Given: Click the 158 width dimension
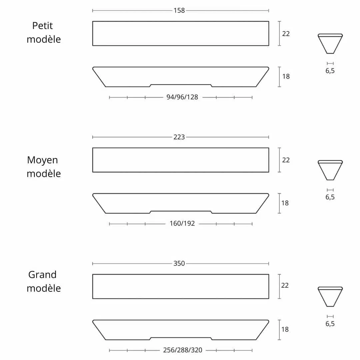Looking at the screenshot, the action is pyautogui.click(x=179, y=11).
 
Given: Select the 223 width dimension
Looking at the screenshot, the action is pyautogui.click(x=179, y=137).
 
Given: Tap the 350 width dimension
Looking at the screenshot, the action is pyautogui.click(x=179, y=263).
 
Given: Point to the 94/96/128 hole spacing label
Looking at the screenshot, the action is pyautogui.click(x=182, y=97).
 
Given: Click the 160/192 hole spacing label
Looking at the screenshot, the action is pyautogui.click(x=182, y=223).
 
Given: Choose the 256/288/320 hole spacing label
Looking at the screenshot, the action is pyautogui.click(x=183, y=350).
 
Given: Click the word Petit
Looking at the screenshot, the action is pyautogui.click(x=42, y=25).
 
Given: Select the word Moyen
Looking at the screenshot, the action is pyautogui.click(x=42, y=160).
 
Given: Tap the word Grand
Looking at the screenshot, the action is pyautogui.click(x=42, y=275).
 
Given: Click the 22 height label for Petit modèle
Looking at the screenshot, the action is pyautogui.click(x=286, y=34).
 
